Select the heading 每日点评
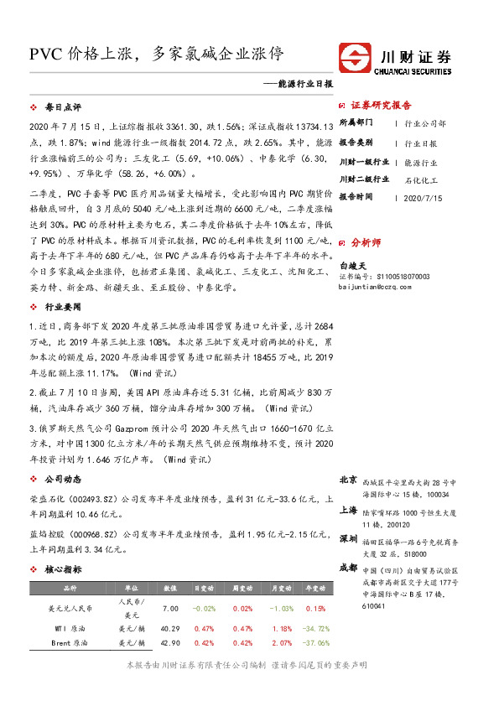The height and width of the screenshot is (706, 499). pyautogui.click(x=63, y=108)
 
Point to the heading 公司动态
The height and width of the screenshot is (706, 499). pyautogui.click(x=63, y=479)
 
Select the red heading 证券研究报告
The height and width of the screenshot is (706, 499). pyautogui.click(x=382, y=106)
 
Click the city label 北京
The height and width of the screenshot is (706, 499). pyautogui.click(x=349, y=480)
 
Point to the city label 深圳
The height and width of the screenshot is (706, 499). pyautogui.click(x=349, y=538)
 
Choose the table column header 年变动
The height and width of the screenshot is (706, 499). pyautogui.click(x=314, y=589)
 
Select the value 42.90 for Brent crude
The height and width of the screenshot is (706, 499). pyautogui.click(x=171, y=643)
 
